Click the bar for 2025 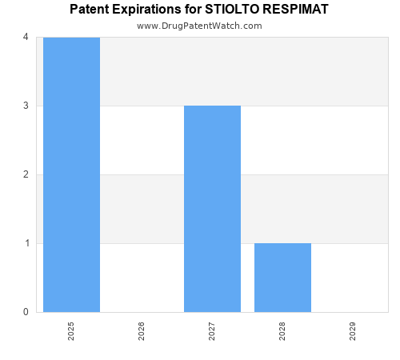pos(71,174)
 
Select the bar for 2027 pos(212,209)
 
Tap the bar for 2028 pos(282,278)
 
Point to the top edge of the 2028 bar pos(282,243)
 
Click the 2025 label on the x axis pos(71,331)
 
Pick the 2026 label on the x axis pos(142,331)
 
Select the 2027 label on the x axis pos(212,331)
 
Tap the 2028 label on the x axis pos(282,331)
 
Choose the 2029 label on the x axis pos(353,331)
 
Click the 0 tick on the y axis pos(26,312)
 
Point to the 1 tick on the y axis pos(26,243)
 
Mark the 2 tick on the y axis pos(26,174)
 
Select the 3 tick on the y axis pos(26,106)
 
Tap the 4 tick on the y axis pos(26,37)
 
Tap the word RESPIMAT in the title pos(299,10)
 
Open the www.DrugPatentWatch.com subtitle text pos(199,26)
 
